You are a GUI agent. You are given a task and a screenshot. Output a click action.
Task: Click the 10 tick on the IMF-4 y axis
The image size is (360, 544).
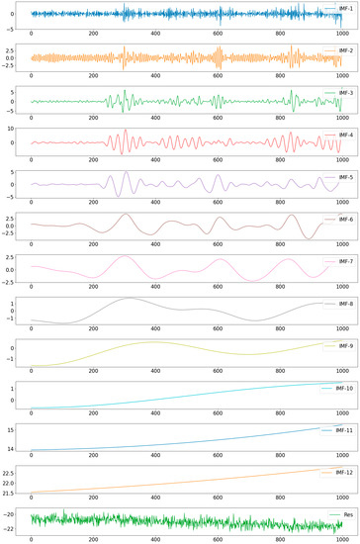click(21, 130)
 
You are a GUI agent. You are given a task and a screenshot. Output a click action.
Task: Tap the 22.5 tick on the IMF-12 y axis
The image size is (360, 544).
click(15, 473)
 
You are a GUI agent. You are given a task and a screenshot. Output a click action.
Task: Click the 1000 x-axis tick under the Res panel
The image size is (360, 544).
click(341, 540)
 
